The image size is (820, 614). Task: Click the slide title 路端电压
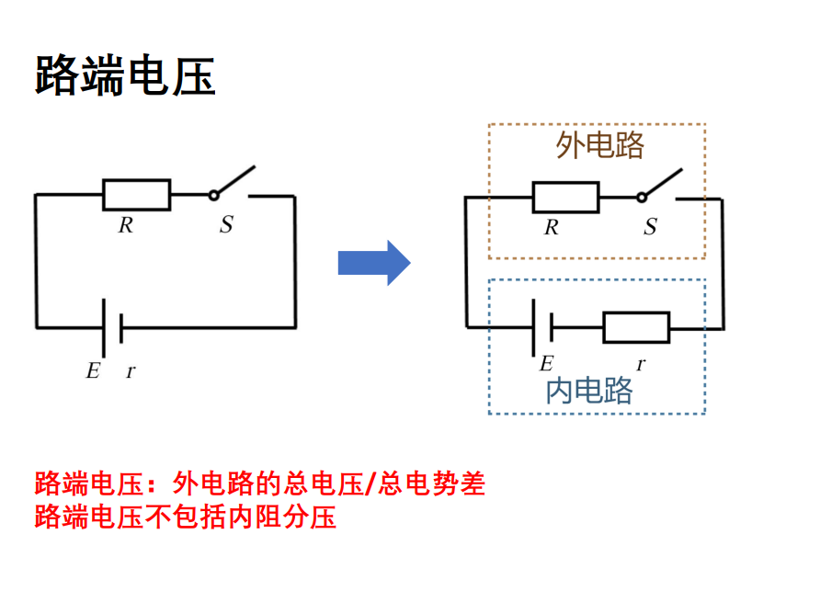coord(125,75)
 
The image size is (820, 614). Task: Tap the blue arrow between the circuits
coord(373,263)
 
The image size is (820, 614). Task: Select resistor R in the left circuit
coord(136,195)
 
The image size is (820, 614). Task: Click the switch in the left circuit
coord(232,185)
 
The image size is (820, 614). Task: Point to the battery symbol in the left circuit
coord(110,327)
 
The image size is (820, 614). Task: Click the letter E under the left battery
coord(92,371)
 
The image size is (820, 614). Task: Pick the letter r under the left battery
coord(131,371)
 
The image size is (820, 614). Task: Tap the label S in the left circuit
coord(225,224)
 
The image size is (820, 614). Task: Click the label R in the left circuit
coord(126,225)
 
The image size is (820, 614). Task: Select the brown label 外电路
coord(600,145)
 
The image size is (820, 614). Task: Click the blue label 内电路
coord(589,392)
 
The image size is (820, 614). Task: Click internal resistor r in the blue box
coord(636,327)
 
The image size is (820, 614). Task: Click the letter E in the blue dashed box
coord(546,363)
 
